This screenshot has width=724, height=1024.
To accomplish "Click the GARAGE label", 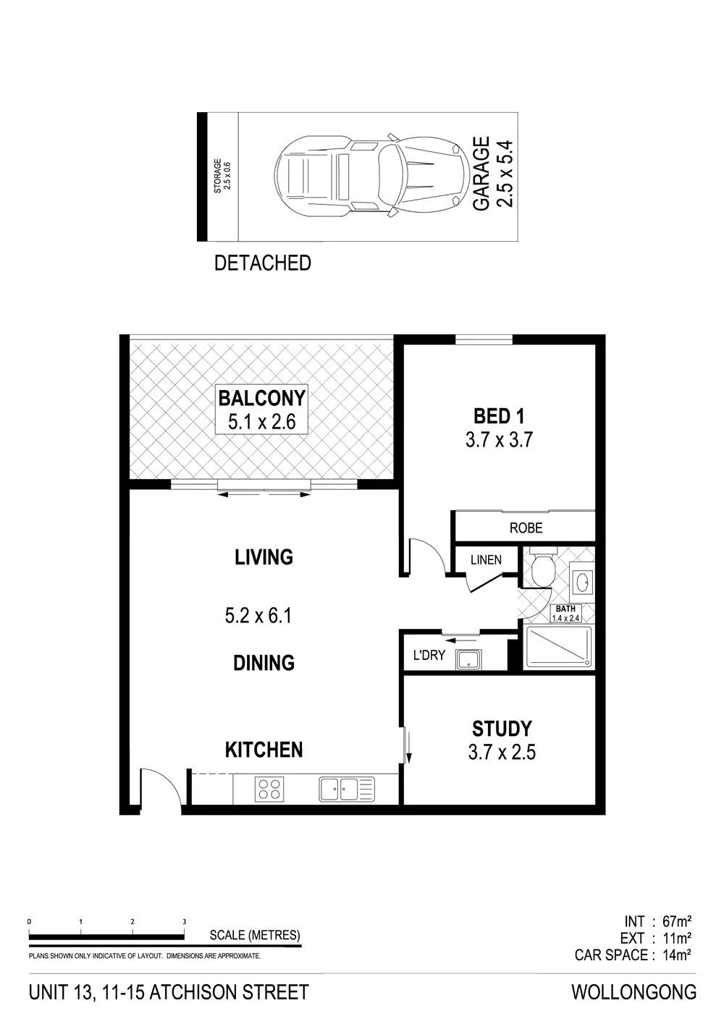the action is click(x=482, y=172).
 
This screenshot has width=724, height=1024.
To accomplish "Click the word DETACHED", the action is click(x=264, y=263).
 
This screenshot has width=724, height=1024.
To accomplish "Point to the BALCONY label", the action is click(x=263, y=398).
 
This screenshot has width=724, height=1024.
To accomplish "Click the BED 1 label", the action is click(x=500, y=416).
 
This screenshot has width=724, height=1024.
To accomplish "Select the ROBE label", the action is click(x=526, y=528).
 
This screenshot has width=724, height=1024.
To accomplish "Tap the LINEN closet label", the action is click(x=486, y=560).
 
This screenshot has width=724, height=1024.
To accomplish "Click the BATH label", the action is click(x=565, y=609).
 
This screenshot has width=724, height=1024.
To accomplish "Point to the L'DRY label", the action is click(x=428, y=655).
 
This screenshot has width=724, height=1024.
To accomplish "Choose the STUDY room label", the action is click(x=502, y=728).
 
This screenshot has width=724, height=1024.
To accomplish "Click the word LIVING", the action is click(x=264, y=557).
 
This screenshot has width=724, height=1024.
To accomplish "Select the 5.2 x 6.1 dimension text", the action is click(x=258, y=617).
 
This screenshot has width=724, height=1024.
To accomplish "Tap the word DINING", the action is click(x=264, y=662).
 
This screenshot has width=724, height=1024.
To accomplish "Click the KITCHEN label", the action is click(x=264, y=750).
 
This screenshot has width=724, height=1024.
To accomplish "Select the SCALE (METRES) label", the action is click(x=254, y=935).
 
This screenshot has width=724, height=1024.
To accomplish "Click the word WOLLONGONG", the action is click(x=635, y=992).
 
